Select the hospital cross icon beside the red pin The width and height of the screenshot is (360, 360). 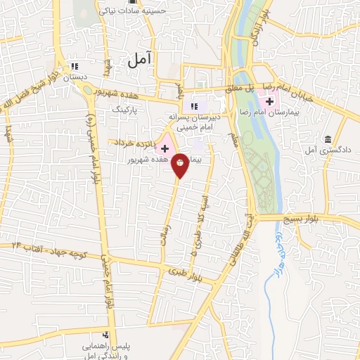coord(165,149)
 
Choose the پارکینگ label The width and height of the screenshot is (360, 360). coord(131,110)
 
